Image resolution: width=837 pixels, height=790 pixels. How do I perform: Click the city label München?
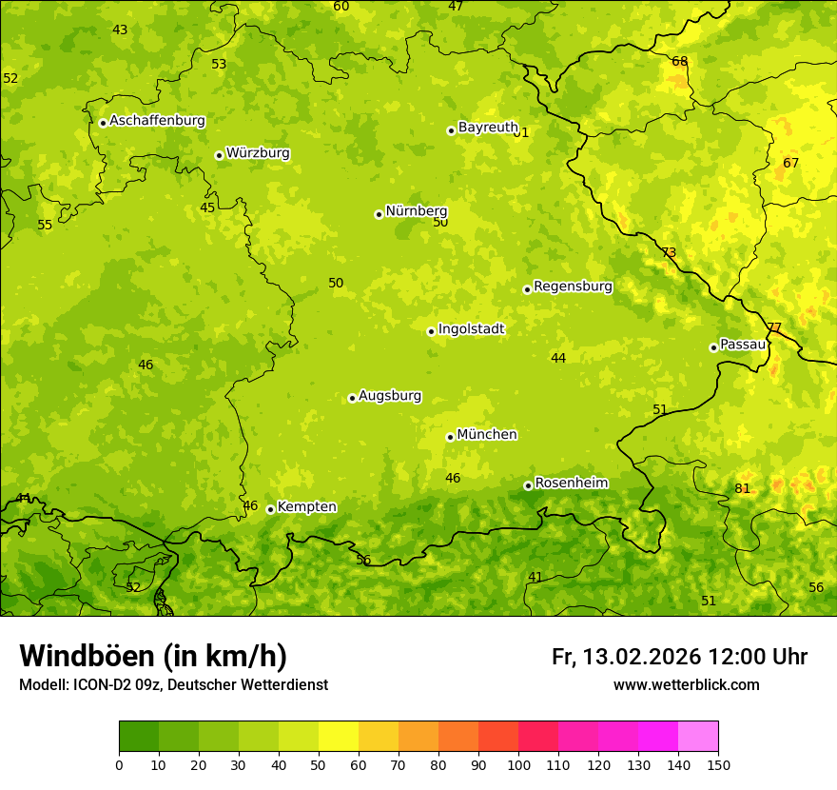[486, 435]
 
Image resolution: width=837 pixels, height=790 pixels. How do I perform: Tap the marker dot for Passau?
[713, 347]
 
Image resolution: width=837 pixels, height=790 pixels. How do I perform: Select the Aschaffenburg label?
[157, 121]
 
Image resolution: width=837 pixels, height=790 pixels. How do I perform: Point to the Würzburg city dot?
[219, 155]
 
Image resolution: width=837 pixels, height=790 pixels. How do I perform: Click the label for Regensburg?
[573, 286]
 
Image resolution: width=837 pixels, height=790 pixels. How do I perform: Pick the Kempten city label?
[306, 507]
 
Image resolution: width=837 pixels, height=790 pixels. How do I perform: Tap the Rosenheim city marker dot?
[528, 485]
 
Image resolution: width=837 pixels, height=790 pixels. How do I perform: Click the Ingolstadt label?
[471, 329]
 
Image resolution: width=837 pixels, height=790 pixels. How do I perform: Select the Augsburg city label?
[390, 396]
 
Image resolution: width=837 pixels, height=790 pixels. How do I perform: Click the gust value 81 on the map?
[743, 489]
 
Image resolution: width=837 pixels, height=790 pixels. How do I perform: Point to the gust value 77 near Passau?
[774, 328]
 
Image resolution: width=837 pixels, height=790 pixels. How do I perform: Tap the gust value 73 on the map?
[669, 253]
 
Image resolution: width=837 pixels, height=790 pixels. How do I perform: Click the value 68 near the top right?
[680, 62]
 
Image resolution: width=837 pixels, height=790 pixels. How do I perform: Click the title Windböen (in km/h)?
[152, 656]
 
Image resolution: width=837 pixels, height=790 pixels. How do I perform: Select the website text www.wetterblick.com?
[686, 685]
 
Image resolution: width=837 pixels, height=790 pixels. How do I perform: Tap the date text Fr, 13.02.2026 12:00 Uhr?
[679, 657]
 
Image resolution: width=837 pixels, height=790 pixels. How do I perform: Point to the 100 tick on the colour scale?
[518, 764]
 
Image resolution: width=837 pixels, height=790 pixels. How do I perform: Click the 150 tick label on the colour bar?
[718, 764]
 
